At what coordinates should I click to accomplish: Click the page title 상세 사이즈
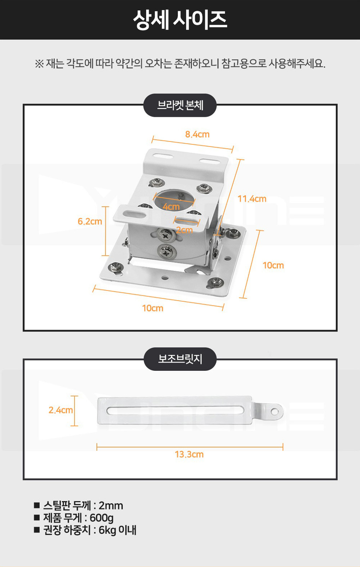coord(180,20)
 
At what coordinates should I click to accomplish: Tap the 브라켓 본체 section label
coord(180,105)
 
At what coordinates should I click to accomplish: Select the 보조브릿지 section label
coord(180,359)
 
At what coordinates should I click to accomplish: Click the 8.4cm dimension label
coord(197,134)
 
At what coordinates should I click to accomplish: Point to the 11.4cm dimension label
coord(252,199)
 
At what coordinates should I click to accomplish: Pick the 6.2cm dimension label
coord(90,221)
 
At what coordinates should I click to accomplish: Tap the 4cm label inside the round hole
coord(171,207)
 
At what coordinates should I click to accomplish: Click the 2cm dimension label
coord(184,230)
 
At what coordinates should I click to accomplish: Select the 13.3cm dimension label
coord(189,454)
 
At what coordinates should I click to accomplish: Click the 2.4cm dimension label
coord(61,410)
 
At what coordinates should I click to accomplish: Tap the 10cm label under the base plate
coord(153,308)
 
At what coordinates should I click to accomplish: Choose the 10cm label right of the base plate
coord(273,265)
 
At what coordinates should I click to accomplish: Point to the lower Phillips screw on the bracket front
coord(166,251)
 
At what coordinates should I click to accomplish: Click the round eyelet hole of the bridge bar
coord(274,412)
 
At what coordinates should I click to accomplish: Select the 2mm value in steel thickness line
coord(111,505)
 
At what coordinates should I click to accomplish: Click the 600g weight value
coord(102,518)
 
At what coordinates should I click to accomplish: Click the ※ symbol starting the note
coord(39,64)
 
